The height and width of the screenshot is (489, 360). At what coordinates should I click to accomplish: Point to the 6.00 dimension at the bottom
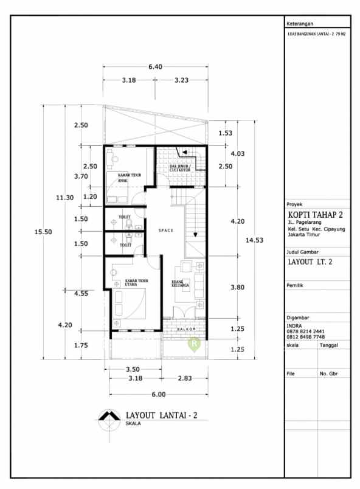pos(158,394)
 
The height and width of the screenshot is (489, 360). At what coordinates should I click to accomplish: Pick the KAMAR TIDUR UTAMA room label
pos(130,283)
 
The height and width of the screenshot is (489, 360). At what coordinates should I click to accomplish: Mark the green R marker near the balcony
pos(194,344)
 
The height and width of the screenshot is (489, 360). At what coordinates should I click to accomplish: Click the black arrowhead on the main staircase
pos(195,234)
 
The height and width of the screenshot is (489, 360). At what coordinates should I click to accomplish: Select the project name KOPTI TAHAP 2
pos(316,215)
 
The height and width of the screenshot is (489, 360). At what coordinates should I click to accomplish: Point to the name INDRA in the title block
pos(295,325)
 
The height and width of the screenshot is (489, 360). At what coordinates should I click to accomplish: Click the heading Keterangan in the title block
pos(300,23)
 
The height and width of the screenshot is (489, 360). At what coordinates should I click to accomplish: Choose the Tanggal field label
pos(330,344)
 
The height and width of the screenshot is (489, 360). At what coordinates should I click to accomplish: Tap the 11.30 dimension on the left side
pos(65,197)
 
